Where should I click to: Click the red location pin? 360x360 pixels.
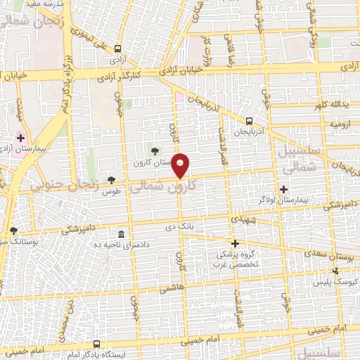(x=181, y=165)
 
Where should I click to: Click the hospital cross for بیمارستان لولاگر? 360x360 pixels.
(x=283, y=189)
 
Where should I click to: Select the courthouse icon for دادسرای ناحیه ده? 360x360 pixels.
(x=122, y=234)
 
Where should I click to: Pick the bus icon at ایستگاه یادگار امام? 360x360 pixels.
(x=96, y=345)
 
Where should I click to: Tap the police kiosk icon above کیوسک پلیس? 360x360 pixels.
(x=335, y=271)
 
